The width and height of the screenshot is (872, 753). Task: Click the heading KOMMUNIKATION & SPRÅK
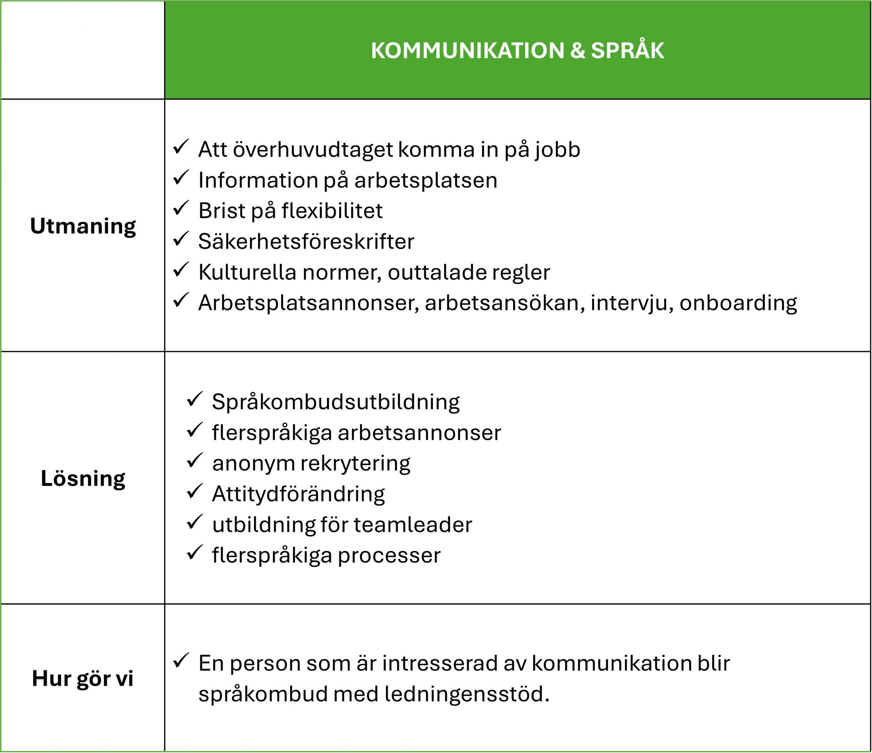(517, 50)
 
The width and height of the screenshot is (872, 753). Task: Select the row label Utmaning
(83, 226)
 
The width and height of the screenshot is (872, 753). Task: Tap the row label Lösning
(83, 478)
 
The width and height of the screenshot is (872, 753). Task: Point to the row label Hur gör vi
(83, 679)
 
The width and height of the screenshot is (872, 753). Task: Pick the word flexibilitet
(332, 211)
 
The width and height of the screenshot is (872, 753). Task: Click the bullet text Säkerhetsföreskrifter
(306, 241)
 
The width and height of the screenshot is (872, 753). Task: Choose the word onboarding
(738, 303)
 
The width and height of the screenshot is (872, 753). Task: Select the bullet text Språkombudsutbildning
(336, 402)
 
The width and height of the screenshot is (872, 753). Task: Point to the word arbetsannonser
(419, 432)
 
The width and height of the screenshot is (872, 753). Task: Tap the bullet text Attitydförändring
(298, 494)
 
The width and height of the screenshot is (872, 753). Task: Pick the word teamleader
(413, 525)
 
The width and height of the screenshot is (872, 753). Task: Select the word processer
(389, 555)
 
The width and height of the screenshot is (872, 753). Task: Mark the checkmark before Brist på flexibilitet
(181, 208)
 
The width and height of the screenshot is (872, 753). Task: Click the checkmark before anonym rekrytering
(194, 461)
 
